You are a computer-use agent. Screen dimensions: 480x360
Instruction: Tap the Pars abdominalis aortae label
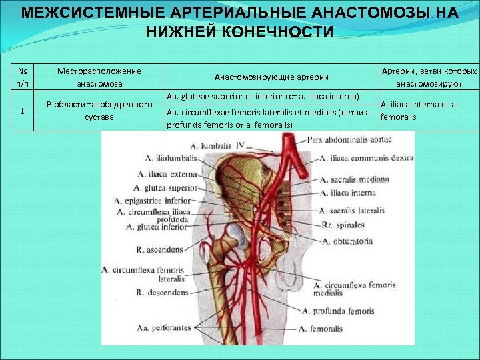350,140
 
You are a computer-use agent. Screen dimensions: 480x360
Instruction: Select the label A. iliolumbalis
171,158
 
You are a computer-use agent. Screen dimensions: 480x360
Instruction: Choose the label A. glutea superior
166,188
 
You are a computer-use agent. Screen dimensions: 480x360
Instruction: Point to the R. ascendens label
159,250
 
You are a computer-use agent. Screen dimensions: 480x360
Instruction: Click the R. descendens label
159,292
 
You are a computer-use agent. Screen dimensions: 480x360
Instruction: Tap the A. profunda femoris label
338,311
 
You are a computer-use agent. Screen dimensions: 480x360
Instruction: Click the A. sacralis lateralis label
353,209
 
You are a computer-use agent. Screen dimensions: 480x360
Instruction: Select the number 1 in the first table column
23,111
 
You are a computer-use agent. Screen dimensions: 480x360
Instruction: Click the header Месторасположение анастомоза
99,77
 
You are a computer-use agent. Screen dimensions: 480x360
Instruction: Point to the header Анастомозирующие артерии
271,77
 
